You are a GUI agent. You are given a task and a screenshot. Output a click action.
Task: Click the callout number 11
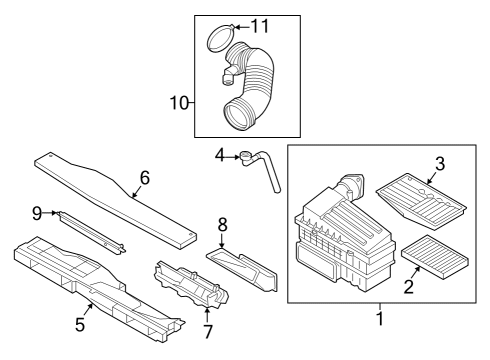(x=260, y=26)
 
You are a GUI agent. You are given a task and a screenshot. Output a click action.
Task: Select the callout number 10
(x=180, y=103)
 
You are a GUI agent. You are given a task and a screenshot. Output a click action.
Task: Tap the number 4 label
(x=219, y=155)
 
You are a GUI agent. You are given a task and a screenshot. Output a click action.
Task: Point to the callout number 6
(x=145, y=178)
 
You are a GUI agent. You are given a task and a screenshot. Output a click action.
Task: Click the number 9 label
(x=37, y=213)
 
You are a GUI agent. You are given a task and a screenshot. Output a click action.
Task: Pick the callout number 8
(x=222, y=225)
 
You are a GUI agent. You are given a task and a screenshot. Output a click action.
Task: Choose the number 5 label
(x=80, y=324)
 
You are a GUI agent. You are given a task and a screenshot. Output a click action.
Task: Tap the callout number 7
(x=208, y=331)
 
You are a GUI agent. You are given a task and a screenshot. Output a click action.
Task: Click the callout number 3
(x=440, y=164)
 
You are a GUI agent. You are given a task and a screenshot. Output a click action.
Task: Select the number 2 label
(x=409, y=287)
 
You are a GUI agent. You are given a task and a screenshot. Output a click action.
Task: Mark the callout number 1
(x=380, y=318)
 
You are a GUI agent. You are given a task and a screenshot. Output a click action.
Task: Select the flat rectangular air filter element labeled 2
(x=435, y=252)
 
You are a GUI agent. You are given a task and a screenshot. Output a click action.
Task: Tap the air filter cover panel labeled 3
(x=421, y=201)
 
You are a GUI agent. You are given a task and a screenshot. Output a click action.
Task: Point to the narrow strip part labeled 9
(x=90, y=233)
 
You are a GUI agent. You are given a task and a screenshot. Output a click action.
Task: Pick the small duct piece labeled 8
(x=242, y=269)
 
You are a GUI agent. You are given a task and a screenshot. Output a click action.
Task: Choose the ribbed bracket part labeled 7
(x=191, y=285)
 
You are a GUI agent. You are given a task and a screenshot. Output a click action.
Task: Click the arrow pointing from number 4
(x=232, y=156)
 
